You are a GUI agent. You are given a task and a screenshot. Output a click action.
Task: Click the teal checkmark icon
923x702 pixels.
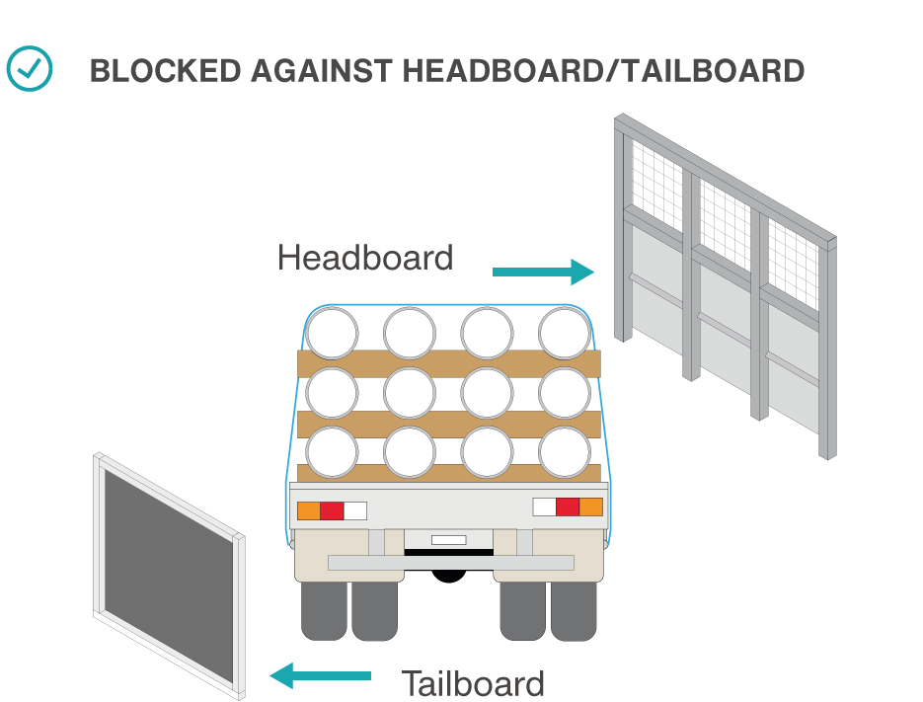click(30, 68)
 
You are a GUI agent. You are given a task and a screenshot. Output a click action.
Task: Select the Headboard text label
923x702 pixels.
click(365, 258)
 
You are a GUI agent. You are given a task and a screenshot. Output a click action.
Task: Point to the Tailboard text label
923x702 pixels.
click(472, 683)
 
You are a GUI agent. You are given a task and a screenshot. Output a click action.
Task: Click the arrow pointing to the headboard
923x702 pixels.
click(542, 272)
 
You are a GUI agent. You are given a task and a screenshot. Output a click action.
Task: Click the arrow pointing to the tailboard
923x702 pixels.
click(321, 676)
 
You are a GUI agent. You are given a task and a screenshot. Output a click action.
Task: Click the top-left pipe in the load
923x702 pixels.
click(333, 333)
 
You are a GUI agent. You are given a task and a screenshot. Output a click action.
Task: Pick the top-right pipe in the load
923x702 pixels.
click(565, 333)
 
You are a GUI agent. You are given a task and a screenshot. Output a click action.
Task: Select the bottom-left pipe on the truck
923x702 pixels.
click(333, 453)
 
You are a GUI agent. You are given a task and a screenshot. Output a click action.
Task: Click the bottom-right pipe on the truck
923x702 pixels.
click(565, 453)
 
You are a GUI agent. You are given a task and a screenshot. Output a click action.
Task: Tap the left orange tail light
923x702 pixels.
click(308, 510)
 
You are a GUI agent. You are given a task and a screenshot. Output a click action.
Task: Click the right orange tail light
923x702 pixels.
click(590, 507)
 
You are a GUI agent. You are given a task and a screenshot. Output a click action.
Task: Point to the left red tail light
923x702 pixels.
click(332, 510)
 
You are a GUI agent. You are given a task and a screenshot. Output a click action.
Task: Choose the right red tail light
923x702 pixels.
click(567, 507)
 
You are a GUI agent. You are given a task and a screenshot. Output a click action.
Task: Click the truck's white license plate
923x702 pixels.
click(448, 540)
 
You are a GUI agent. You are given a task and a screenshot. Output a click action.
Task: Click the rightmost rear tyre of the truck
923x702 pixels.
click(574, 610)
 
